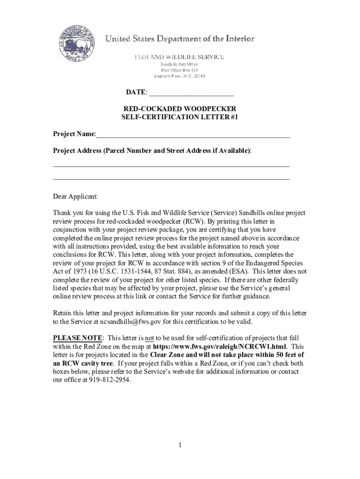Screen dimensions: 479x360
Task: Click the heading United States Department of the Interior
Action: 180,39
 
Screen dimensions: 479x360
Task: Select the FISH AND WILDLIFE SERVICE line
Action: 180,57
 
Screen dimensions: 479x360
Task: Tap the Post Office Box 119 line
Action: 180,70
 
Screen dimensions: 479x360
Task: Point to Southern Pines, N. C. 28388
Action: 180,76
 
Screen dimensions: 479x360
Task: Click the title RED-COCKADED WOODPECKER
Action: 180,109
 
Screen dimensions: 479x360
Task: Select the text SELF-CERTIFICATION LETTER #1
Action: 180,117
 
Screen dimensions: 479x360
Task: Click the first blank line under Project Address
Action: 171,166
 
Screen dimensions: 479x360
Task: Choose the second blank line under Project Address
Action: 171,179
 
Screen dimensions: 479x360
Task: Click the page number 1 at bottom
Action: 180,445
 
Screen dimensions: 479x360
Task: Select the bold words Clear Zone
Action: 168,355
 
